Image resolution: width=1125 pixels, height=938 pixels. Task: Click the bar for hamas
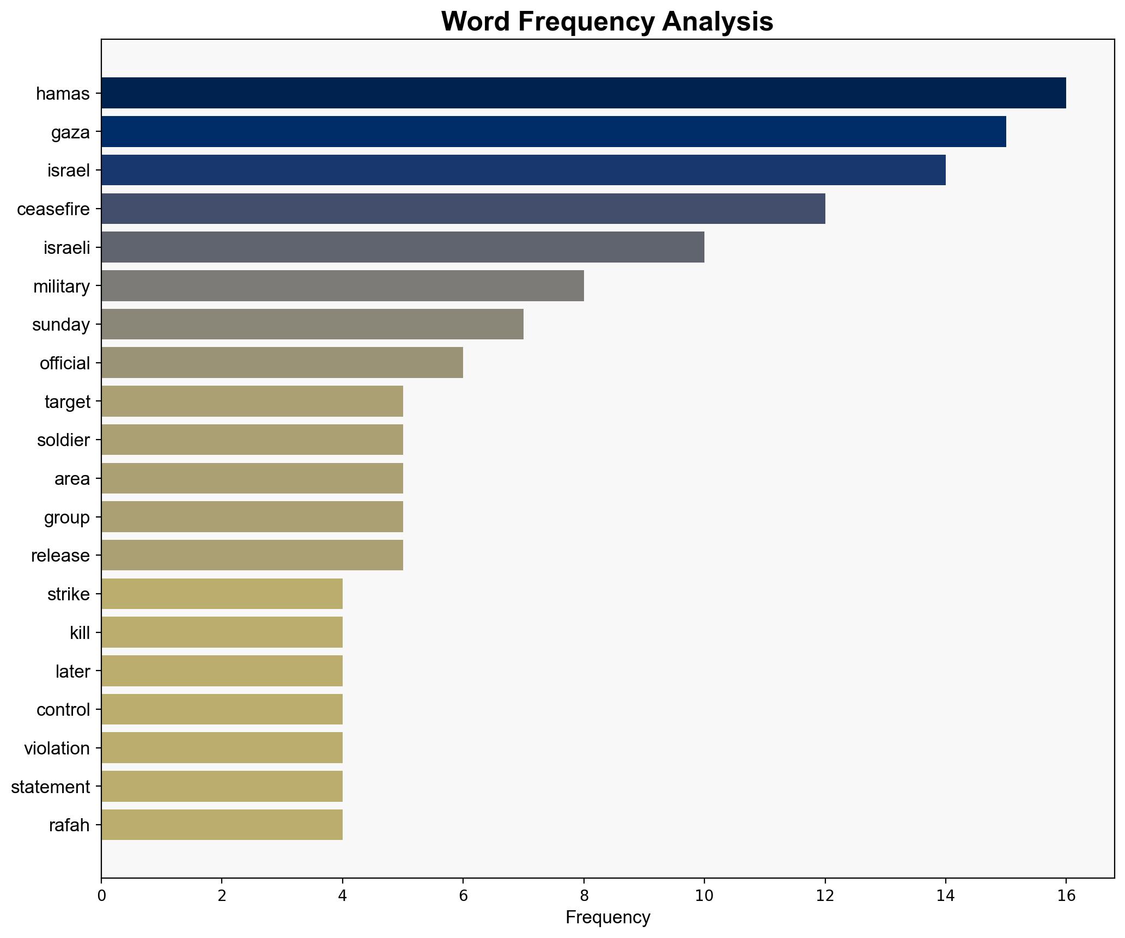click(583, 93)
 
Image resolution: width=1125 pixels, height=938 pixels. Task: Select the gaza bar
click(553, 132)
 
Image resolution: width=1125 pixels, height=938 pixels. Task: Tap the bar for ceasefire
click(463, 209)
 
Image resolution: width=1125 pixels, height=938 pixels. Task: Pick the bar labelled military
click(342, 286)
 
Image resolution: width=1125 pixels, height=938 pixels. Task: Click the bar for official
click(282, 363)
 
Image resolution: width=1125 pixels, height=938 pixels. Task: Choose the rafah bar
click(222, 825)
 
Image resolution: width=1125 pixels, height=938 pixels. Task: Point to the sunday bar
click(312, 324)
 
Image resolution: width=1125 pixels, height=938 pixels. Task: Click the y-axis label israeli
click(66, 248)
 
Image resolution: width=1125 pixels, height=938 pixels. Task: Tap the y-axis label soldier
click(63, 440)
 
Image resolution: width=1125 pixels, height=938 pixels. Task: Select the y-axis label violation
click(57, 748)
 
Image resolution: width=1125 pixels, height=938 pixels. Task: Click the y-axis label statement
click(50, 787)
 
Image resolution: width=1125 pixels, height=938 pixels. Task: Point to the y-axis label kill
click(80, 633)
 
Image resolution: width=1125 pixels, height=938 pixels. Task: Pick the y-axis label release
click(60, 556)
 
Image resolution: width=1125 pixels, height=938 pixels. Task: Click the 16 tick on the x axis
click(1066, 895)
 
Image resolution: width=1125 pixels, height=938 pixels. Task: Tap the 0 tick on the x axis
click(101, 895)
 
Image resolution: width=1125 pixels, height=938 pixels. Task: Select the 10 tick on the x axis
click(704, 895)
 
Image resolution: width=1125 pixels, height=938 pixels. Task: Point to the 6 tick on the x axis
click(463, 895)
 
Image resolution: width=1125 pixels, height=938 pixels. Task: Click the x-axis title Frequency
click(607, 918)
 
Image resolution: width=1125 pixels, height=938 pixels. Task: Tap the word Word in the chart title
click(476, 22)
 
